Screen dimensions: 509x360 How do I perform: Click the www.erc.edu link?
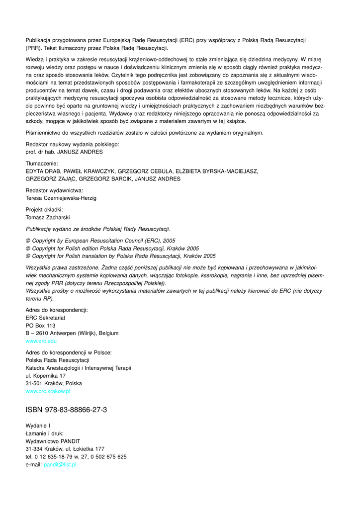(41, 341)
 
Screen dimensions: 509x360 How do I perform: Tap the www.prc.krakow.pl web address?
(48, 391)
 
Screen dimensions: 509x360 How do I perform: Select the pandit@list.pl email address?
(60, 464)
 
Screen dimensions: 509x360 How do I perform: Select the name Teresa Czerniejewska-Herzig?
(61, 198)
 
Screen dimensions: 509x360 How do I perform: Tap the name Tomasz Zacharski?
(47, 217)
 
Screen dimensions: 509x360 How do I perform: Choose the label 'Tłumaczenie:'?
(42, 163)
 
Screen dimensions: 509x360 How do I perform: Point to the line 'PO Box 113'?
(40, 326)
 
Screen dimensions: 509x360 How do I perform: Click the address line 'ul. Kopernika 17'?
(45, 376)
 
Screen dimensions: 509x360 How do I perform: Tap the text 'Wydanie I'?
(38, 425)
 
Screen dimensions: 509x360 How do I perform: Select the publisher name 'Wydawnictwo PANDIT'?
(53, 441)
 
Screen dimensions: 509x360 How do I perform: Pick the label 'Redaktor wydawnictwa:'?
(54, 190)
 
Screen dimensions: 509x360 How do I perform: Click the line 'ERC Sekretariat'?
(46, 318)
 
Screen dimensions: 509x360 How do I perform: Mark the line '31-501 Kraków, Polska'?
(54, 383)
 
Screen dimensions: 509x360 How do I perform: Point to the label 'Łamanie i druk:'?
(44, 433)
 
